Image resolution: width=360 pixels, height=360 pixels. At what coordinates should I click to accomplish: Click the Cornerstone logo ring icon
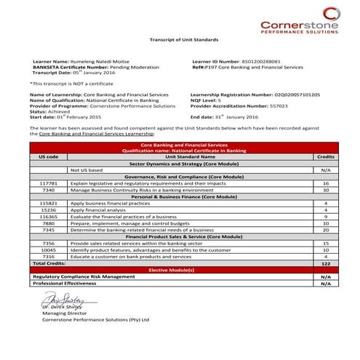[x=331, y=12]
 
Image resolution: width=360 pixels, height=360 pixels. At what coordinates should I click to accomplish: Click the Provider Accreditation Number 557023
[x=281, y=105]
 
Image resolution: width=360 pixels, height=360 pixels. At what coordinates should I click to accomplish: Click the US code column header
[x=48, y=156]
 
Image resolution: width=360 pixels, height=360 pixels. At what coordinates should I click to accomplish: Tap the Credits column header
[x=326, y=156]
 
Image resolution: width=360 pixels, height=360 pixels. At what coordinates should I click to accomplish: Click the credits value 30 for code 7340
[x=326, y=190]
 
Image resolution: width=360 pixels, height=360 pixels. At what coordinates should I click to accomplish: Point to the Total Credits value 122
[x=326, y=263]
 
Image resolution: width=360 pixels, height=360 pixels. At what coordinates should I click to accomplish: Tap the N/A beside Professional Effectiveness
[x=326, y=283]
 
